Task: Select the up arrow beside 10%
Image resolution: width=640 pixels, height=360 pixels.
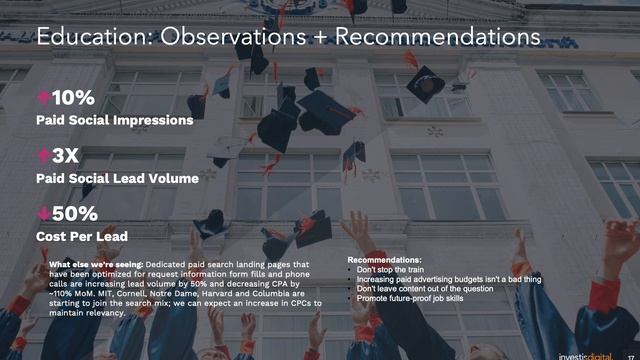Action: [43, 98]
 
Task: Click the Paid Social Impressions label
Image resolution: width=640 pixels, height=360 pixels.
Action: [114, 120]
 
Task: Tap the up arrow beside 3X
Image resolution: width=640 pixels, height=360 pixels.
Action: [43, 156]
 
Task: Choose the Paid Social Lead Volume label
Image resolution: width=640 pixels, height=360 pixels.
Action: [117, 178]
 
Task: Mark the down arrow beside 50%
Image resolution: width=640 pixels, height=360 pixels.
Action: [43, 213]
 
